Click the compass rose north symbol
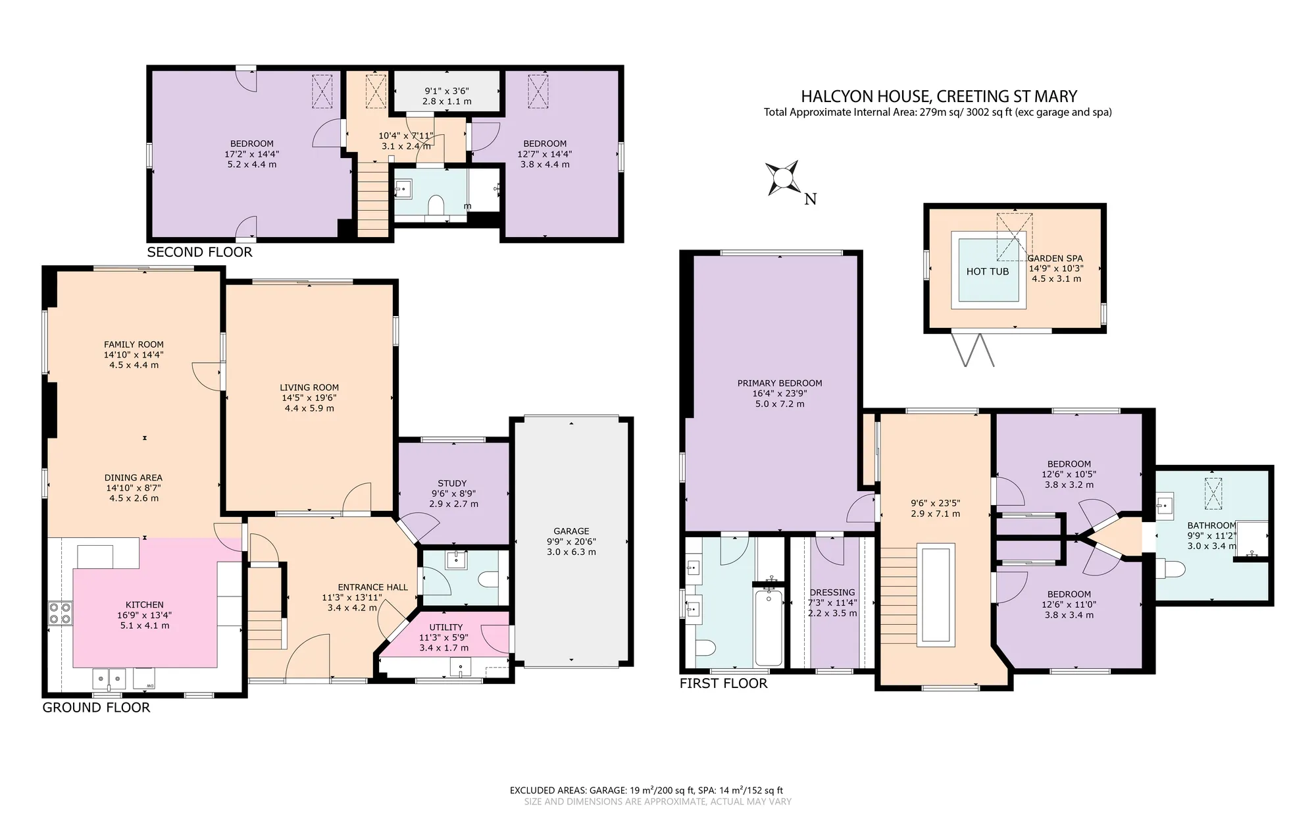(783, 178)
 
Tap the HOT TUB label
(987, 271)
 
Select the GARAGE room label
(571, 531)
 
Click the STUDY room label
(452, 483)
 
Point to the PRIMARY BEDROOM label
(780, 383)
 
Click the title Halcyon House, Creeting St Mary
(938, 96)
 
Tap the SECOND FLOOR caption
(199, 252)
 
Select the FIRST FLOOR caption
(723, 683)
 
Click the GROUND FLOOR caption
(96, 708)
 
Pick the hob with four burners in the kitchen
(59, 614)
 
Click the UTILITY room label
(446, 627)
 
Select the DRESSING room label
(832, 593)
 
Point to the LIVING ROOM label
(309, 388)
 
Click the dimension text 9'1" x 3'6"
(447, 91)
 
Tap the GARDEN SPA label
(1055, 259)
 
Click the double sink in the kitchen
(109, 677)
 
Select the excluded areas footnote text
(646, 791)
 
